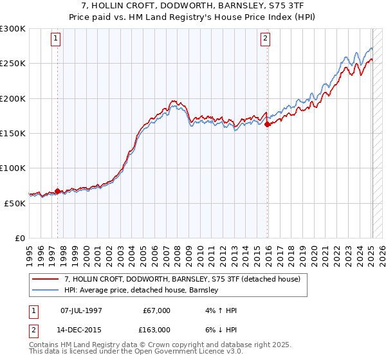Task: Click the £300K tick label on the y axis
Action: (13, 29)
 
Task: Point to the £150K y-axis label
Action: (13, 134)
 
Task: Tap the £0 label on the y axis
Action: (19, 238)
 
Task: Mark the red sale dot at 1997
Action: (57, 191)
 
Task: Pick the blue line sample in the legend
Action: (46, 291)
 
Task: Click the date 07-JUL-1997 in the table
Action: (81, 310)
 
